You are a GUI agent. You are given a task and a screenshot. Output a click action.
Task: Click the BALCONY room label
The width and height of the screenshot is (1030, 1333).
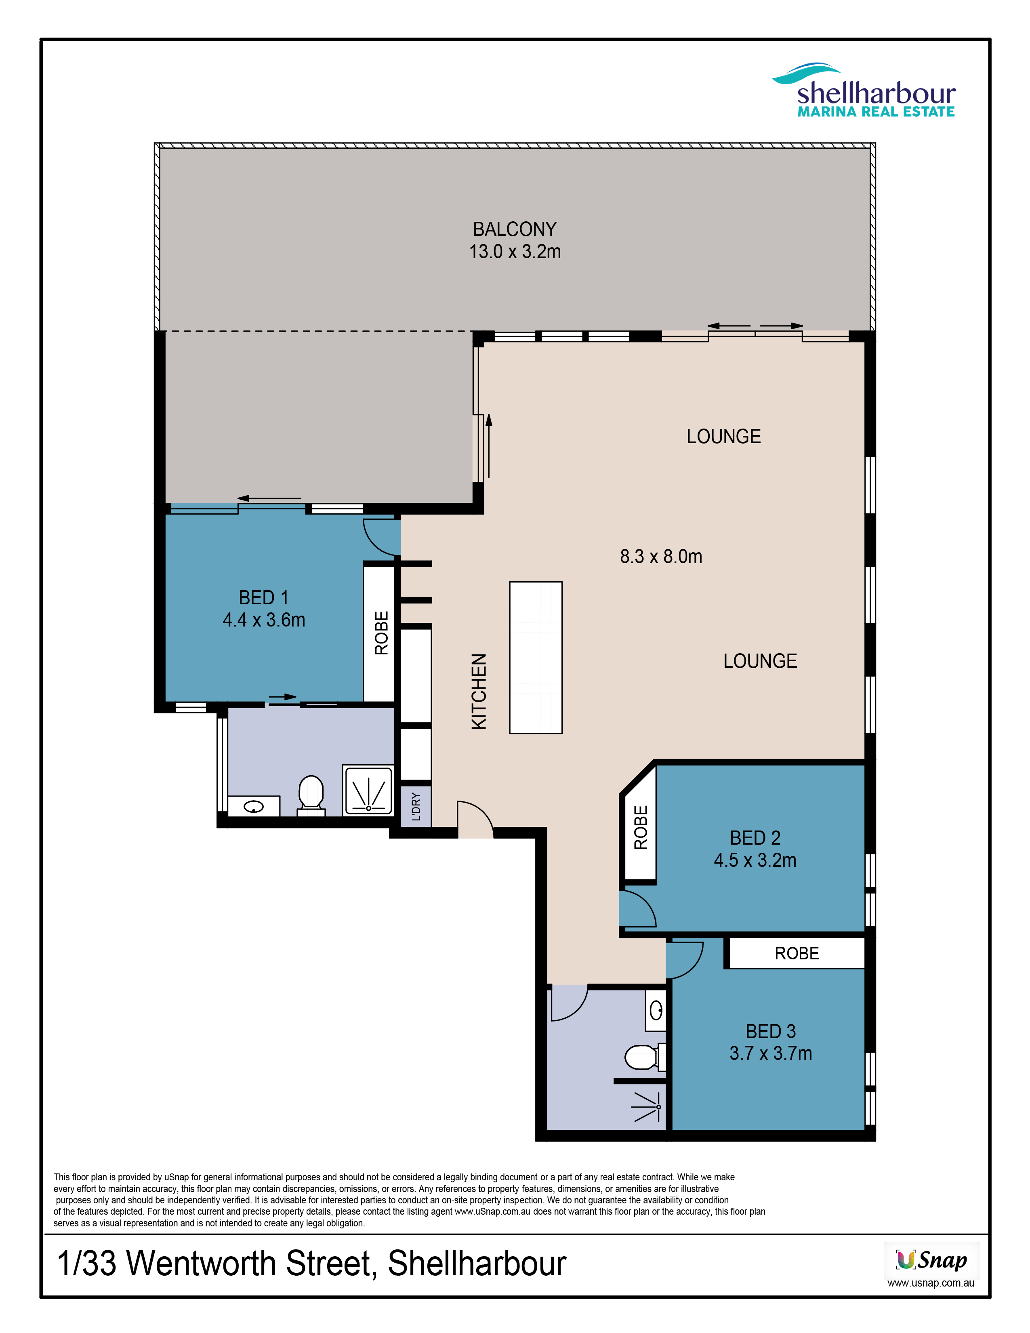coord(514,229)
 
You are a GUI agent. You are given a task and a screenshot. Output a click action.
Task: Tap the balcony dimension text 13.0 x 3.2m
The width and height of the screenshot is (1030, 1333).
coord(514,252)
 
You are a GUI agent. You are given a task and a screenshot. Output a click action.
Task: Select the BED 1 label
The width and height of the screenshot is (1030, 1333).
coord(264,597)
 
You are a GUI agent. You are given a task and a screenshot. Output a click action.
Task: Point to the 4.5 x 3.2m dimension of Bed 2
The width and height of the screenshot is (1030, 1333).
coord(755,860)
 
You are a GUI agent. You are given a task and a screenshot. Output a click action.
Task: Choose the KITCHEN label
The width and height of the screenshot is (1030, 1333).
coord(479,692)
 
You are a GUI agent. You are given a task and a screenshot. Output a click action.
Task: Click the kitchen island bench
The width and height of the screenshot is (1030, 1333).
coord(536,657)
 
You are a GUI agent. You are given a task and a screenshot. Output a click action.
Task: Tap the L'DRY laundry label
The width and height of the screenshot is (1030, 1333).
coord(416,806)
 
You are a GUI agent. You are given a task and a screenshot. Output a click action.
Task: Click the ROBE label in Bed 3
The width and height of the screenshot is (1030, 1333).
coord(796,953)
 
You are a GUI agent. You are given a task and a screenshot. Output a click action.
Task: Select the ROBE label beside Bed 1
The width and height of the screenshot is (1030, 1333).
coord(381,633)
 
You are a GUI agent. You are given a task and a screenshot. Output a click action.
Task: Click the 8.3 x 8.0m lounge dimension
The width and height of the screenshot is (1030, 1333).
coord(661,556)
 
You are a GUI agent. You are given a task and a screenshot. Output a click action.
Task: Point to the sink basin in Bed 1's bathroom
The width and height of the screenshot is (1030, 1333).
coord(253,807)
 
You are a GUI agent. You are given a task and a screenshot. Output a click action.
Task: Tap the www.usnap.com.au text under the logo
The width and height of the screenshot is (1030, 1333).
coord(931,1283)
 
